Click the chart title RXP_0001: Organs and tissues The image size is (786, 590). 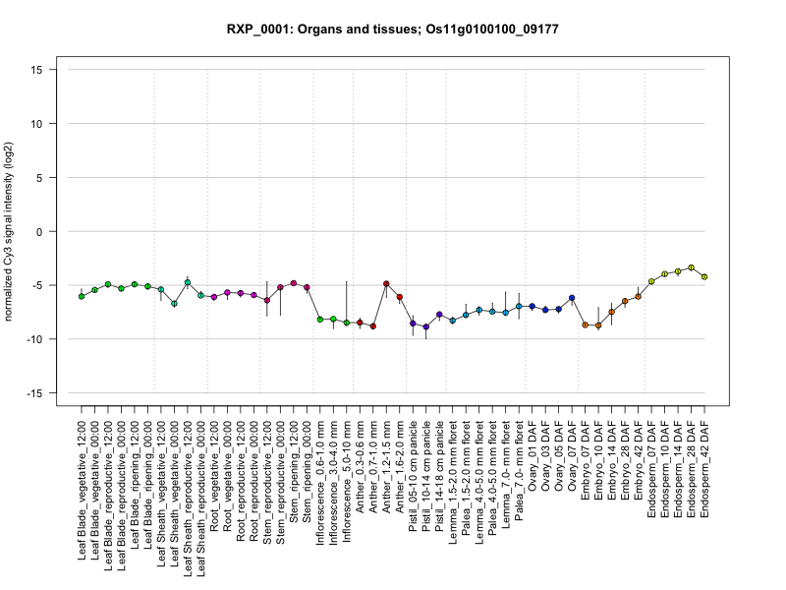[x=393, y=29]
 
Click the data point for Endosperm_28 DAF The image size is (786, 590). [x=692, y=267]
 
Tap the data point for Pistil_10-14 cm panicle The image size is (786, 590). [x=426, y=326]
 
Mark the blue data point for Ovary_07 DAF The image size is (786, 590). [x=572, y=298]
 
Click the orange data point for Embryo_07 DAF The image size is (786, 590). [x=585, y=324]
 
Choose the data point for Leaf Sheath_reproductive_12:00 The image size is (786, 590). [x=187, y=283]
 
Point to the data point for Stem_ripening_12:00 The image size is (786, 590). [x=294, y=283]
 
